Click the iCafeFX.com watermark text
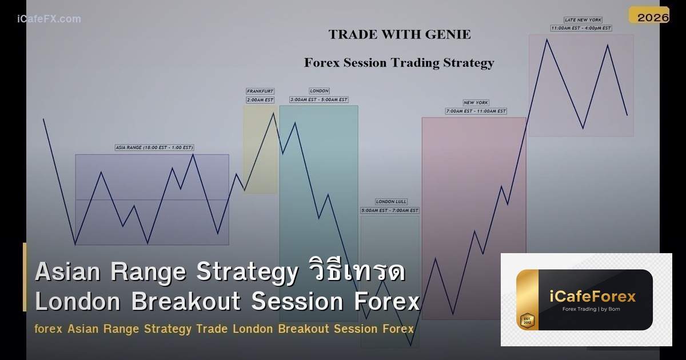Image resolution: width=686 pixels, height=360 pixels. (x=49, y=19)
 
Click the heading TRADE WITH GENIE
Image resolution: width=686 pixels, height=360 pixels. (x=400, y=34)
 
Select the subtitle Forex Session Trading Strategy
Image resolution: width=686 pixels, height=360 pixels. (x=398, y=63)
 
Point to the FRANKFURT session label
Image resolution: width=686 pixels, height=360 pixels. (x=260, y=91)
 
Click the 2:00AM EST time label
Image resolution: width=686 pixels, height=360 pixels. (x=260, y=100)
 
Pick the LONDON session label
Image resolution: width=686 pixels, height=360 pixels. (x=319, y=91)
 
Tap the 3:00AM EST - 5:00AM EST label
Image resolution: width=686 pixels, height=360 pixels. (x=319, y=100)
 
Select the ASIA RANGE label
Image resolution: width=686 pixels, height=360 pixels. (x=154, y=147)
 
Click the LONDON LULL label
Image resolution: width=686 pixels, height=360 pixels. (x=391, y=202)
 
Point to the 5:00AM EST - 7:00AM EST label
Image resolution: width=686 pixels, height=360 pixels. (x=390, y=211)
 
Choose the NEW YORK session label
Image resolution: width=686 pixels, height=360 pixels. (x=476, y=103)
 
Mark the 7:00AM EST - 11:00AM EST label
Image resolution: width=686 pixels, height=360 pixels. (x=476, y=111)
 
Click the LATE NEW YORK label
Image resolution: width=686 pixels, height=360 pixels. (x=583, y=20)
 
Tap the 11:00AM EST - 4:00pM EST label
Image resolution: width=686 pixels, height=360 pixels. (x=581, y=28)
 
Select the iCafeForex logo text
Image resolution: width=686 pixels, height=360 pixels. (x=592, y=297)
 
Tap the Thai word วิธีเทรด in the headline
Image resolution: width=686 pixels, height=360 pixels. (x=355, y=272)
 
